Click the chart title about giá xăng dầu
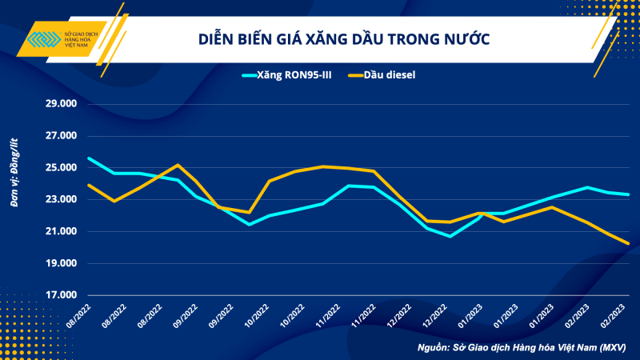coord(344,38)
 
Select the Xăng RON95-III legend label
coord(298,75)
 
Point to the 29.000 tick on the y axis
coord(61,104)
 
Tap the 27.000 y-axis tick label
coord(61,136)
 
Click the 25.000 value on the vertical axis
coord(61,168)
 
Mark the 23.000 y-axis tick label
coord(61,199)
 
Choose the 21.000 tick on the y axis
coord(61,231)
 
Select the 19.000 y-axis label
coord(61,263)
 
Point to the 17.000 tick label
coord(61,295)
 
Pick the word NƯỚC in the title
coord(468,38)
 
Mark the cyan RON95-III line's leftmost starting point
coord(88,158)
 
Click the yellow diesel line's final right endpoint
coord(628,243)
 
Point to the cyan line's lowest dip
coord(451,236)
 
